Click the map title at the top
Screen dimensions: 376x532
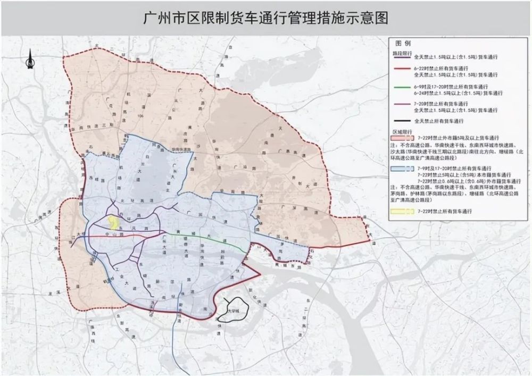pos(266,18)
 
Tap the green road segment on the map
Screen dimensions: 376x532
pos(213,238)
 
